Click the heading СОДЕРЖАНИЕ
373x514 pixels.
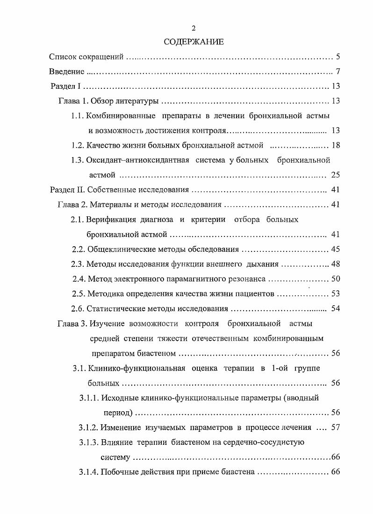[x=194, y=42]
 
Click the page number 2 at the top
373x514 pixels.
[x=194, y=28]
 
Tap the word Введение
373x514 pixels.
[x=67, y=72]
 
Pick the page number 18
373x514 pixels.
[x=335, y=145]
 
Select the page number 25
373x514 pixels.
[x=335, y=175]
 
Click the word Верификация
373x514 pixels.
[x=110, y=220]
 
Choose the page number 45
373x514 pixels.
[x=335, y=249]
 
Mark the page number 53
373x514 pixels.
[x=335, y=294]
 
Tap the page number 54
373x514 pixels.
[x=335, y=308]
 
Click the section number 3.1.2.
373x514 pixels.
[x=88, y=427]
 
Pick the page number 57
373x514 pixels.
[x=335, y=427]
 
